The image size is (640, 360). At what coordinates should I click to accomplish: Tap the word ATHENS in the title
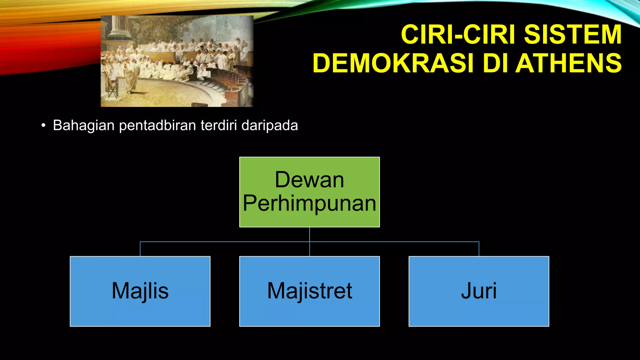tap(568, 63)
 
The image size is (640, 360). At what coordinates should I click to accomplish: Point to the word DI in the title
tap(496, 63)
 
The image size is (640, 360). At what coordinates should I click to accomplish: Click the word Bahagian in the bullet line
tap(83, 126)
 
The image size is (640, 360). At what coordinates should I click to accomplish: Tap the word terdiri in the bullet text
tap(218, 126)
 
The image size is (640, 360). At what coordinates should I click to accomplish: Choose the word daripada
tap(270, 126)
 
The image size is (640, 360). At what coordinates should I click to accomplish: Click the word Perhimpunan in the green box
tap(309, 203)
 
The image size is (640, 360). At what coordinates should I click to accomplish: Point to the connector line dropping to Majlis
tap(140, 249)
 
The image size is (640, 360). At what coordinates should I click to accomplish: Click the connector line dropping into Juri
tap(479, 249)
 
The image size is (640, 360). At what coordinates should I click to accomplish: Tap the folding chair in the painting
tap(112, 89)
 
